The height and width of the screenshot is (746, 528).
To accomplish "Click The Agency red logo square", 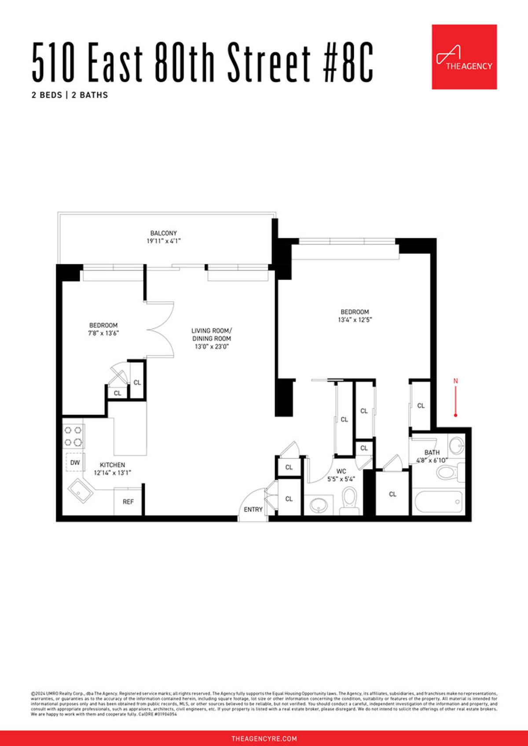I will point(464,57).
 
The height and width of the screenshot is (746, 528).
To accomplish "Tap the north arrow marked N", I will point(456,398).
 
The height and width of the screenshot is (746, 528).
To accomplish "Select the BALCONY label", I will point(164,233).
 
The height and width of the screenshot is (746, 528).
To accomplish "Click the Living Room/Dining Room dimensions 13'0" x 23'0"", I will point(212,346).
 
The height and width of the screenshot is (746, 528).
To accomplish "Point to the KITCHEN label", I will point(112,465).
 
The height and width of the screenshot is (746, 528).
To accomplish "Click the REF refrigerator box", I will point(128,502).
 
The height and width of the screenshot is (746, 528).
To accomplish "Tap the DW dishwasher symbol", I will point(75,462).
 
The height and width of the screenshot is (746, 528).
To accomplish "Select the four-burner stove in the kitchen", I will point(73,436).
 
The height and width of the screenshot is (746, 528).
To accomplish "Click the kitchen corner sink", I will point(81,491).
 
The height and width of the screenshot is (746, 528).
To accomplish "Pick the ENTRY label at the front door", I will point(253,509).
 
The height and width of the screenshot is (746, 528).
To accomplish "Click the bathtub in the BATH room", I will point(438,501).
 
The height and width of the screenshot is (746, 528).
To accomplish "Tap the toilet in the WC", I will point(350,500).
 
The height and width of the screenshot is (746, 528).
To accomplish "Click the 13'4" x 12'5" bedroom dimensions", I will point(355,320).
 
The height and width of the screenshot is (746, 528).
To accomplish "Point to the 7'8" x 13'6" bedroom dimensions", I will point(103,333).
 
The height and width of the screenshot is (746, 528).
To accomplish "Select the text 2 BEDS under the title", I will point(47,95).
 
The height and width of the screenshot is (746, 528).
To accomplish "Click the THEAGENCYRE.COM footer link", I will point(264,739).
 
